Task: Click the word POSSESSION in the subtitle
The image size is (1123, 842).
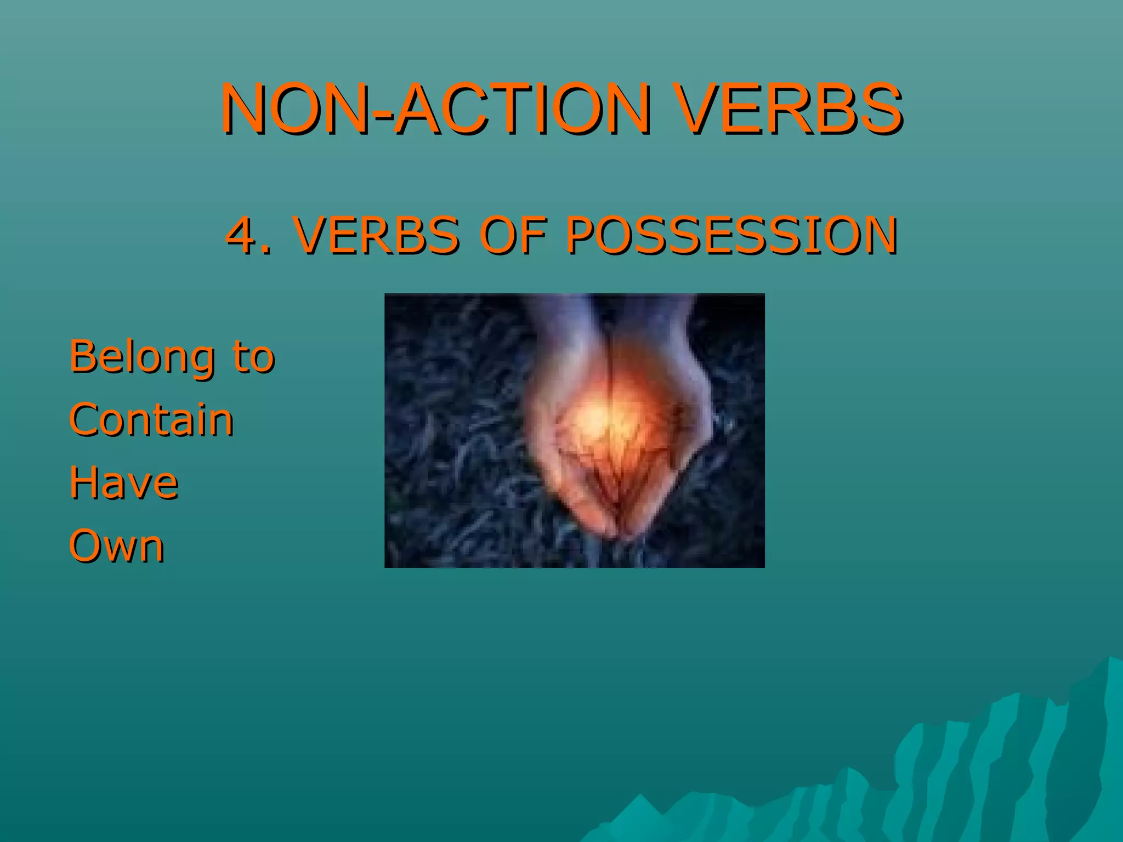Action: tap(731, 236)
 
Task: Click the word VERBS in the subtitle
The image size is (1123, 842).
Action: tap(376, 236)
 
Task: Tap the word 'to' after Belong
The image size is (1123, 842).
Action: tap(253, 357)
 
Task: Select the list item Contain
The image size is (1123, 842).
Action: tap(151, 420)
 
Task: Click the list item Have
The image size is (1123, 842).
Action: tap(124, 483)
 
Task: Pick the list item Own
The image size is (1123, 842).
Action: tap(117, 546)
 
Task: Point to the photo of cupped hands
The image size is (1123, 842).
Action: tap(574, 430)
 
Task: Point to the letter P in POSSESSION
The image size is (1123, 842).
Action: tap(580, 236)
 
